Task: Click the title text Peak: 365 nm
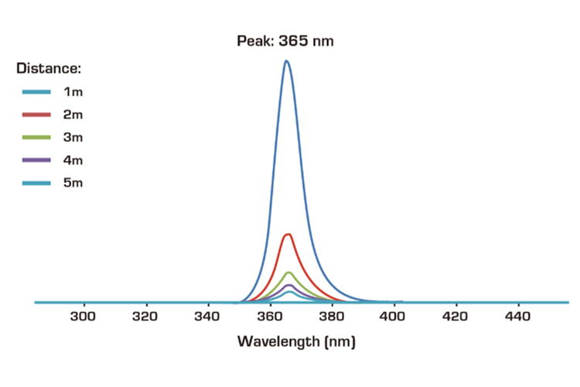pos(285,41)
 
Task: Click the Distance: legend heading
pos(49,68)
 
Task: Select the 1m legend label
pos(73,92)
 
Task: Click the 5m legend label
pos(73,183)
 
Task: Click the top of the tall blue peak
pos(286,61)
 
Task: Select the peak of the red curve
pos(288,235)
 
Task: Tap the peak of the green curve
pos(288,272)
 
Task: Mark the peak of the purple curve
pos(288,285)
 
